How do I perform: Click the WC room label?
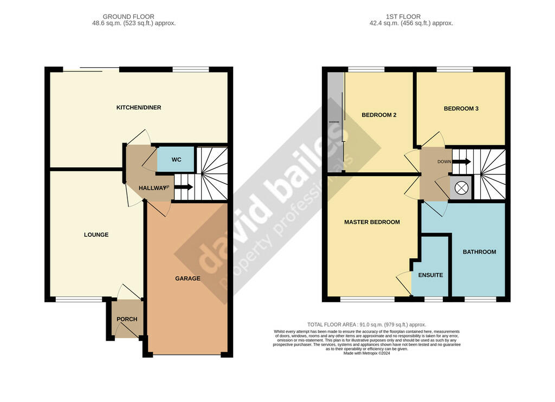click(x=176, y=160)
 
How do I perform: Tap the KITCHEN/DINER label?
click(x=139, y=108)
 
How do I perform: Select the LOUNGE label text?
click(x=96, y=235)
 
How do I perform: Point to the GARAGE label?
click(x=188, y=278)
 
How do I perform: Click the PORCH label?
click(x=127, y=319)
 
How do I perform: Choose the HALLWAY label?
click(x=152, y=188)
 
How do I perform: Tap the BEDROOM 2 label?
click(x=379, y=115)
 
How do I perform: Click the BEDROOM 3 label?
click(x=461, y=109)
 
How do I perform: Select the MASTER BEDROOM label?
click(x=372, y=222)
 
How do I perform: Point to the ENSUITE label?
click(x=430, y=275)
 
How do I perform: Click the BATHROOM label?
click(x=479, y=252)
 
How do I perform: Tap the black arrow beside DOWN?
click(x=462, y=161)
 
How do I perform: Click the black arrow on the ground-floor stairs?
click(x=184, y=187)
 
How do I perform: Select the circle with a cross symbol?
click(x=461, y=187)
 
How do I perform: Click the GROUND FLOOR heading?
click(x=128, y=17)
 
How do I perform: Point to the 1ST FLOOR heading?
click(x=403, y=17)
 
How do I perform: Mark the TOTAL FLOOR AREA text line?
click(x=367, y=325)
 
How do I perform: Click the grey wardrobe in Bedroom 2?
click(x=335, y=122)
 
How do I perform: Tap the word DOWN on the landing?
click(x=444, y=161)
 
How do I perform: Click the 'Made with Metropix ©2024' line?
click(x=367, y=353)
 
